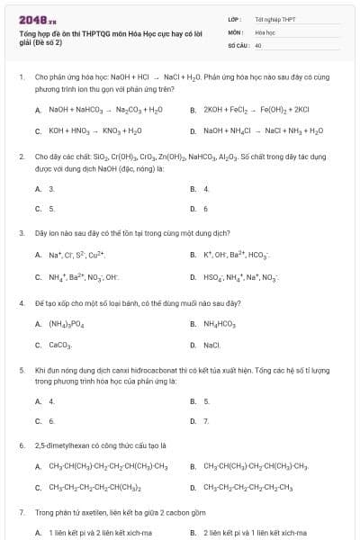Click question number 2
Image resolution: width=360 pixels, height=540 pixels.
tap(21, 156)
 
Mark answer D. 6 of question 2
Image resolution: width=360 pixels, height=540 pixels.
tap(205, 209)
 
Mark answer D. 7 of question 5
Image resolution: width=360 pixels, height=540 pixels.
tap(205, 420)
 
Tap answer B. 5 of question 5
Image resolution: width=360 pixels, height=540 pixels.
tap(205, 400)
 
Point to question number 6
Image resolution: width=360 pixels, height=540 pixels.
tap(21, 445)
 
